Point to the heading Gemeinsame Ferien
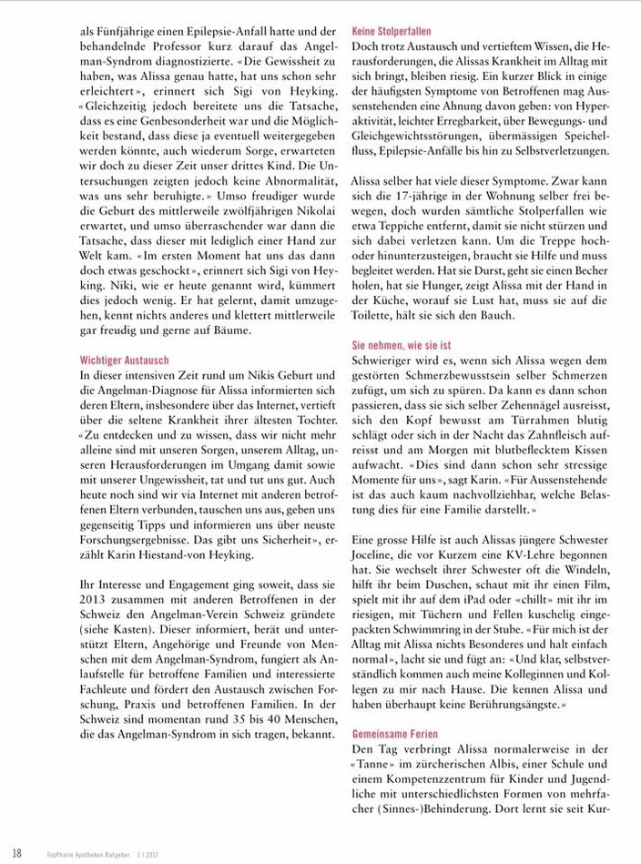396,733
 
